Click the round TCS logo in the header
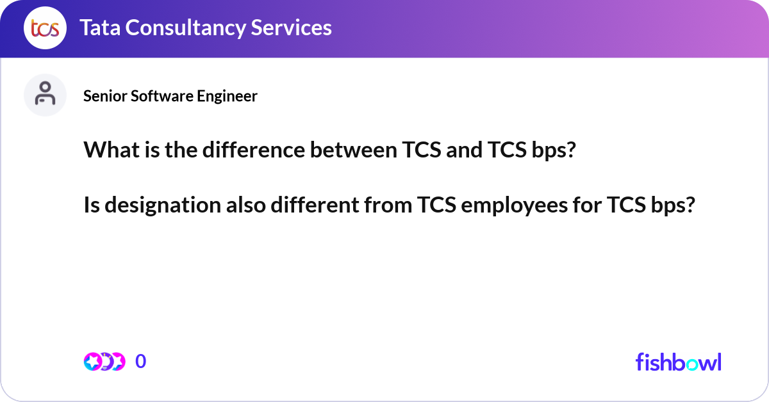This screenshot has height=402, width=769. tap(45, 28)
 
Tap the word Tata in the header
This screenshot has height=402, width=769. tap(100, 28)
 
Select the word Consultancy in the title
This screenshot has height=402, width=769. tap(185, 28)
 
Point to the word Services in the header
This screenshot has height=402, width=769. tap(291, 28)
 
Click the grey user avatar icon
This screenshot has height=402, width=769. tap(45, 95)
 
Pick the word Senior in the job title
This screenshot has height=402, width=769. tap(105, 96)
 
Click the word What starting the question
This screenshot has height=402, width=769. tap(112, 150)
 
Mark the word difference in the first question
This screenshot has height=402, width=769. tap(254, 150)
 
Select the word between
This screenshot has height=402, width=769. tap(354, 150)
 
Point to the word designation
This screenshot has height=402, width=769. tap(163, 205)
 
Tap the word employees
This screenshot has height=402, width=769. tap(514, 205)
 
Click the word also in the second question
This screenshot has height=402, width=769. tap(246, 205)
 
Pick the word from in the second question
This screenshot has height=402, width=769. tap(388, 205)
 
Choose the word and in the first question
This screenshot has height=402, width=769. tap(464, 150)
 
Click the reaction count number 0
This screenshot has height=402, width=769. tap(141, 361)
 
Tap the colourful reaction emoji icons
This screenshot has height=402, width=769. tap(104, 362)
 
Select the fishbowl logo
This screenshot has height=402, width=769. tap(679, 362)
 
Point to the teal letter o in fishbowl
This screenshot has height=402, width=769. tap(693, 365)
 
